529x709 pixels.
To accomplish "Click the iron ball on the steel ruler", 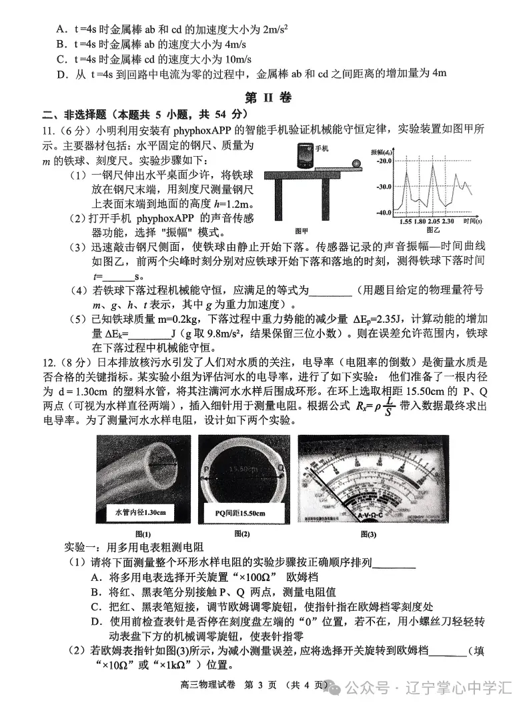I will point(357,163).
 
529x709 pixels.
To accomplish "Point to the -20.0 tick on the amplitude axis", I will point(383,161).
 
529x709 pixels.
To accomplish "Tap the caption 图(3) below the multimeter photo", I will point(368,534).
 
